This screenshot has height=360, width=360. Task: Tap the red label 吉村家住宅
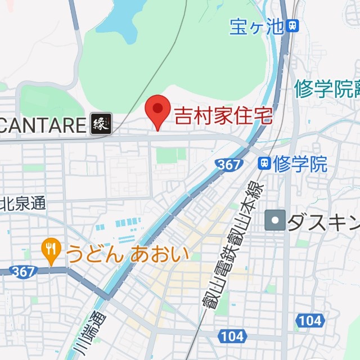pos(223,116)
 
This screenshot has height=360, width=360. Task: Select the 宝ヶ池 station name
pos(256,26)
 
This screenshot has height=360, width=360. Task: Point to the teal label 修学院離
pos(326,89)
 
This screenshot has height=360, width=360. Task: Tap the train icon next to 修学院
pos(263,164)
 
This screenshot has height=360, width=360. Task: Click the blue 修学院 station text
pos(300,164)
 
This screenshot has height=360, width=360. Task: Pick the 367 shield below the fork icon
pos(22,271)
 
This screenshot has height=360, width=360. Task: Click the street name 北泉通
pos(24,203)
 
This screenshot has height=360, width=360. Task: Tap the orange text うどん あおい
pos(127,254)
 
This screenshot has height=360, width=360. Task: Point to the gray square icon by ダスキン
pos(275,220)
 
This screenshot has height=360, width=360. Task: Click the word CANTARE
pos(43,125)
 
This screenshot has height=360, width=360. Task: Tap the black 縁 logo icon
pos(101,124)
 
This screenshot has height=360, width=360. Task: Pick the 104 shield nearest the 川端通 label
pos(232,336)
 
